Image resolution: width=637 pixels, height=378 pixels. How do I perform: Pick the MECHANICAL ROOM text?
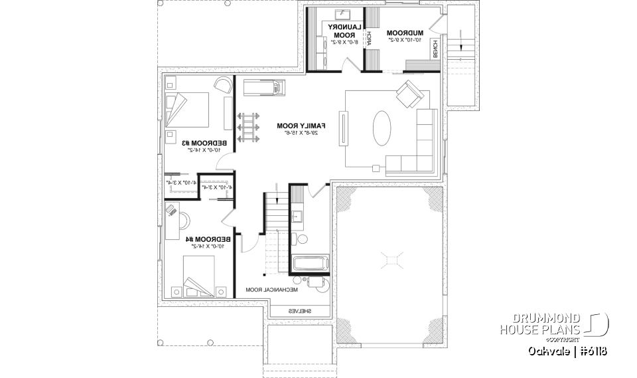272,290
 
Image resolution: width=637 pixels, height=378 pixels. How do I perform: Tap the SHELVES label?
300,311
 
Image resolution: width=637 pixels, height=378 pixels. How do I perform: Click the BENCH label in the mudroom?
435,48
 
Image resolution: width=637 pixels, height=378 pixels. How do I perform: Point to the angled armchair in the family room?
409,96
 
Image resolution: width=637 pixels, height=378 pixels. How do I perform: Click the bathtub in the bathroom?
311,263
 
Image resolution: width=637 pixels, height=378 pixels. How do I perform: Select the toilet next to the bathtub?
302,238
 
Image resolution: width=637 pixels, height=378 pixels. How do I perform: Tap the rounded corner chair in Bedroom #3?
223,85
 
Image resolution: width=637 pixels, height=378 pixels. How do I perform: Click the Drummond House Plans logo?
553,324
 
